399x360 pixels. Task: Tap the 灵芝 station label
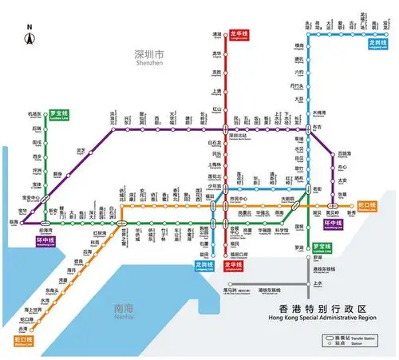tap(81, 150)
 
